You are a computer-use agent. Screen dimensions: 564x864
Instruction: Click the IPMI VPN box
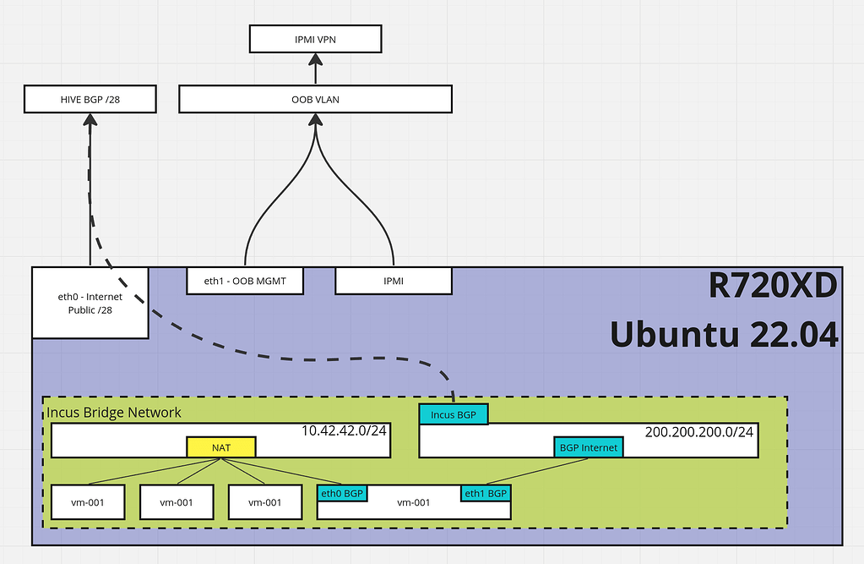coord(316,39)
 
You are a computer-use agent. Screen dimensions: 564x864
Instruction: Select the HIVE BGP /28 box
coord(90,100)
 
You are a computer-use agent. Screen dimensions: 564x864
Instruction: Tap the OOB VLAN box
coord(315,100)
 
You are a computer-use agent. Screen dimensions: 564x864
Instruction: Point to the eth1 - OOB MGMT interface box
coord(244,281)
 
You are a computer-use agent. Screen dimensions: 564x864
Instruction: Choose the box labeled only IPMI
coord(393,281)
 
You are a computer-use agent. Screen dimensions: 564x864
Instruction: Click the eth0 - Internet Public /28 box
coord(90,303)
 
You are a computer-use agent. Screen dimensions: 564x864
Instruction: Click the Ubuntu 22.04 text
coord(724,335)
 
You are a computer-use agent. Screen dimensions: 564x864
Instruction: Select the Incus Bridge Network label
coord(113,412)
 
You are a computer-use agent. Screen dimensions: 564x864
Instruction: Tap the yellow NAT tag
coord(221,447)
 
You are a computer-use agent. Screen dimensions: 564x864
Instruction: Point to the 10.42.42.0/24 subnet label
coord(344,430)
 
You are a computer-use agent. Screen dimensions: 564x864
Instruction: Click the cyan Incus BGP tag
coord(454,413)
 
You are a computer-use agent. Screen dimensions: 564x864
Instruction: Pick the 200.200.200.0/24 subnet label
coord(699,430)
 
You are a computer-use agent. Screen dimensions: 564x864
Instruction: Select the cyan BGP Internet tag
coord(589,447)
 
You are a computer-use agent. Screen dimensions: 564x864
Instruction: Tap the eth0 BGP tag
coord(342,492)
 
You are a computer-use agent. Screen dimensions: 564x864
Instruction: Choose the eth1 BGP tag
coord(486,492)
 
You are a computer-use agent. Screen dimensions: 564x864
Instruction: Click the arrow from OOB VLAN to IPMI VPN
coord(316,69)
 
